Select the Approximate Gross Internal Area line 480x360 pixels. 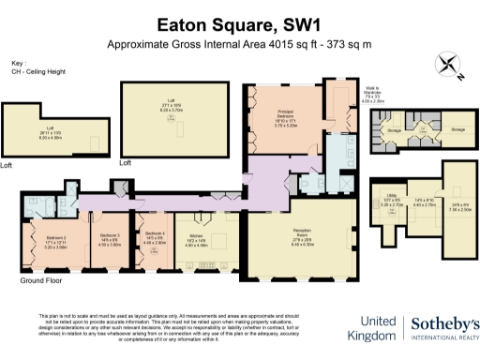239,44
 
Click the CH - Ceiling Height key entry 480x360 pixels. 34,71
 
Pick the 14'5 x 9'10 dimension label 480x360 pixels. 422,202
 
